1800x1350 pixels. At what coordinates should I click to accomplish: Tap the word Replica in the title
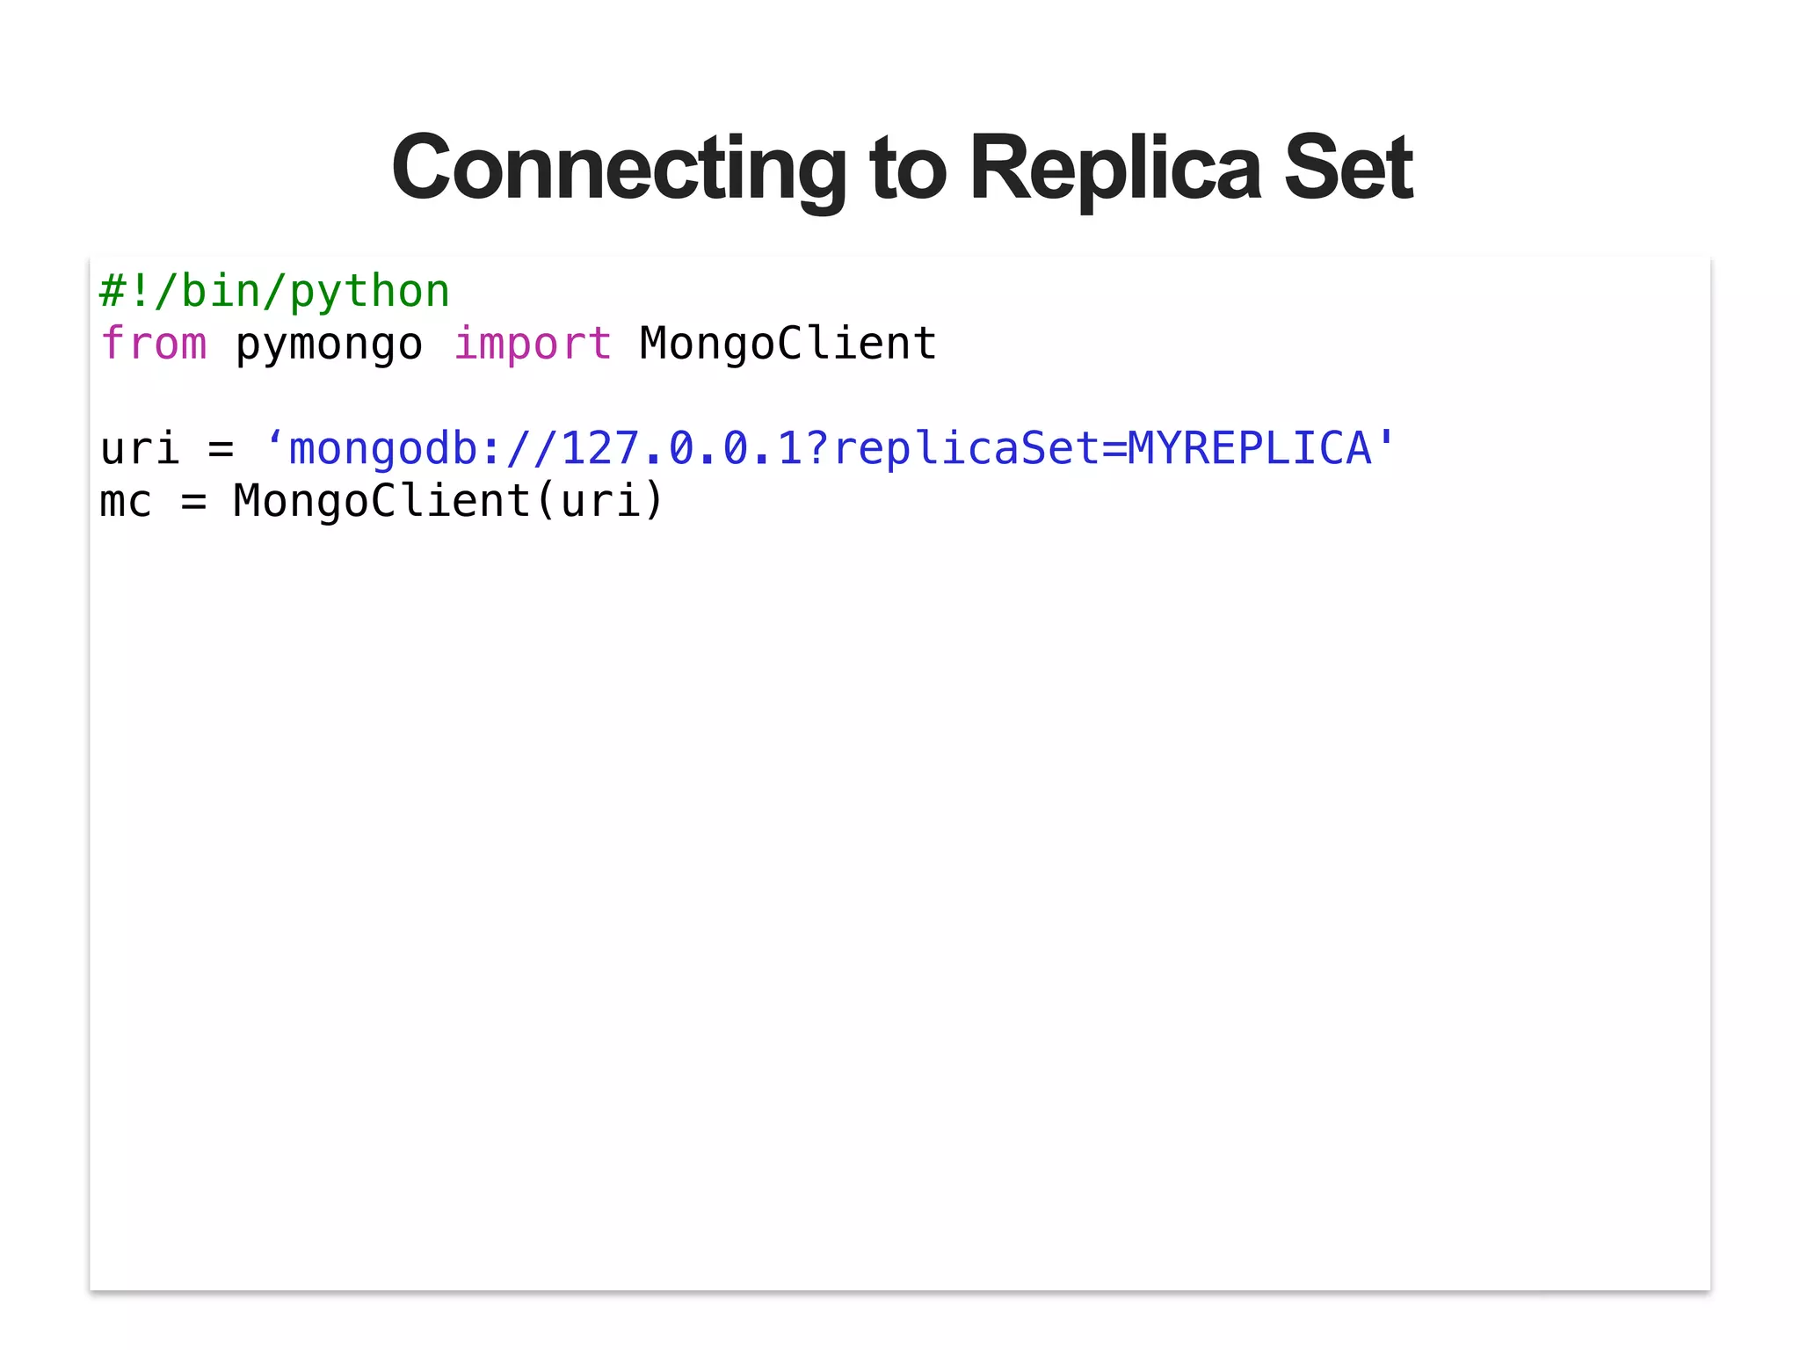pyautogui.click(x=1115, y=169)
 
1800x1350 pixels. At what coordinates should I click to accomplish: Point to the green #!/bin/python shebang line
pyautogui.click(x=274, y=292)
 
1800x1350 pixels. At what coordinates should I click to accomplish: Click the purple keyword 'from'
pyautogui.click(x=154, y=344)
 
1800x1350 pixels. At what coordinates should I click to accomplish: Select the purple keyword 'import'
pyautogui.click(x=533, y=344)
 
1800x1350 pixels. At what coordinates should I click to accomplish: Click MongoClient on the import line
pyautogui.click(x=788, y=344)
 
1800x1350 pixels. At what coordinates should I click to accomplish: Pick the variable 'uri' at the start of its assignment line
pyautogui.click(x=140, y=449)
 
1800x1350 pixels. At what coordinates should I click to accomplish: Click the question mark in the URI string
pyautogui.click(x=817, y=449)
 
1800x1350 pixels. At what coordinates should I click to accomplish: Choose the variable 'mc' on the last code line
pyautogui.click(x=126, y=503)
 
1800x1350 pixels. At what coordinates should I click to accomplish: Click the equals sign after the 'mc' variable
pyautogui.click(x=193, y=503)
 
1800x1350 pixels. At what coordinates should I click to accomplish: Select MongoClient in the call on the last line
pyautogui.click(x=381, y=502)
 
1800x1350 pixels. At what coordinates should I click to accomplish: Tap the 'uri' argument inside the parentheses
pyautogui.click(x=599, y=502)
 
